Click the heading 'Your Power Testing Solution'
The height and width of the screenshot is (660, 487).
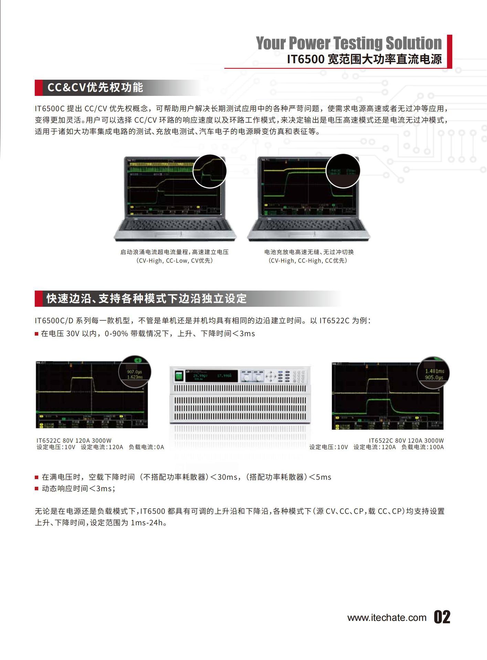click(348, 43)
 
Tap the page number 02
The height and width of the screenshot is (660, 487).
click(442, 617)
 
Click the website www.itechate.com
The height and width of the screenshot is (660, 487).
click(387, 618)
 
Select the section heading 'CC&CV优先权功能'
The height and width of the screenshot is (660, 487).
click(95, 88)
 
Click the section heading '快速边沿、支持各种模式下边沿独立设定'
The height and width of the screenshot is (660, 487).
click(147, 298)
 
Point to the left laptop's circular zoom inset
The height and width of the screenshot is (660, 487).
click(210, 171)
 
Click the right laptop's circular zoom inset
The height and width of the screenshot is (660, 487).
click(343, 171)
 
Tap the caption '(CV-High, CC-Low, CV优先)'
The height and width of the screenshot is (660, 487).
click(174, 261)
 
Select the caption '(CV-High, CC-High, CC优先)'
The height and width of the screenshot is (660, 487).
click(308, 261)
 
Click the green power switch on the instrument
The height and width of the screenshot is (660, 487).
click(178, 376)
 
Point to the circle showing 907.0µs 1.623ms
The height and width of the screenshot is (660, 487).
click(135, 372)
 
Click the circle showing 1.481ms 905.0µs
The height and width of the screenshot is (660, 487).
click(433, 373)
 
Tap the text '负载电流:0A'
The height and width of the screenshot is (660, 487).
click(146, 447)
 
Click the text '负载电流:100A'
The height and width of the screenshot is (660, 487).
click(422, 447)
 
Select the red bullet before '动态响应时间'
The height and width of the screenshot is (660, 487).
click(36, 489)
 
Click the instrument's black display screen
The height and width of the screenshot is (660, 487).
click(211, 376)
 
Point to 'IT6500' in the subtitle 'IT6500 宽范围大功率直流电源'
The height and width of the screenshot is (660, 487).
click(306, 59)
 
